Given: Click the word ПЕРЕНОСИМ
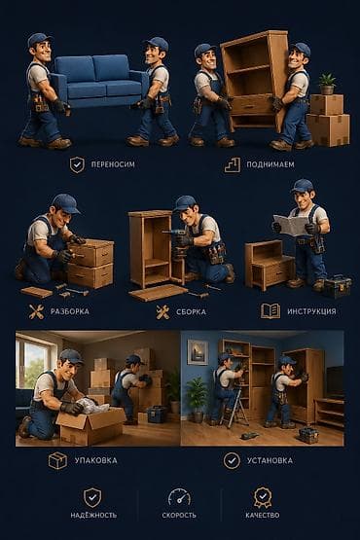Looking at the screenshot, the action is pos(113,164).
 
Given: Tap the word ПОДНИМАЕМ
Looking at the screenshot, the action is pos(270,164).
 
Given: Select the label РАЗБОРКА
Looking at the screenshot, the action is pos(70,311).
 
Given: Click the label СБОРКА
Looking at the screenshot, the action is pos(192,312).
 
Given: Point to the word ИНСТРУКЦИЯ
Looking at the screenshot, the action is pos(311,311).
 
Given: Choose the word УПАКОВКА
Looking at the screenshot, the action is pos(96,460).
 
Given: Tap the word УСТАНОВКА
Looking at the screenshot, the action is pos(270,460).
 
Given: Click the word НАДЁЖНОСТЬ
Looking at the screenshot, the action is pos(93,516).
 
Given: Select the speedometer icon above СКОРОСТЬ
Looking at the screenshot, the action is pos(179,497).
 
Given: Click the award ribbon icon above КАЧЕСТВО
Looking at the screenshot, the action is pos(263,497).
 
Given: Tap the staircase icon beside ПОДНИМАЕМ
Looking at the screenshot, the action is pos(233,165).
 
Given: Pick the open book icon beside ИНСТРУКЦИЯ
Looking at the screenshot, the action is pos(270,311).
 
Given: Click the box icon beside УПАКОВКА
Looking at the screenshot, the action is pos(57,461).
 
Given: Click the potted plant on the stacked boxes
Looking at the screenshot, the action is pos(327,84).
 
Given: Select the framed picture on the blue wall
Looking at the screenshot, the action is pos(198,352).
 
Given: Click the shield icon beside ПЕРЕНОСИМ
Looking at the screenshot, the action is pos(77,165).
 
